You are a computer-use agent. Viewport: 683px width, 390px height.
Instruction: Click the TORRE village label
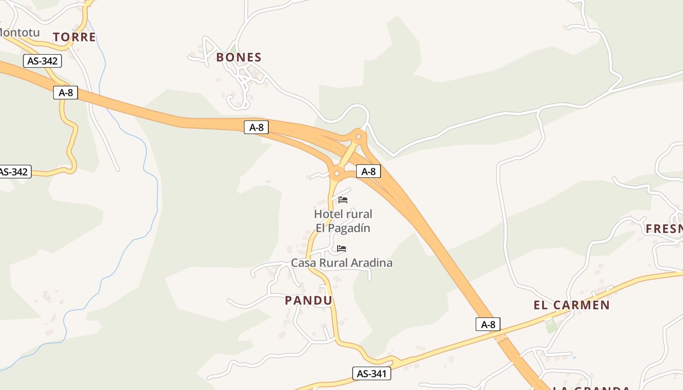[75, 37]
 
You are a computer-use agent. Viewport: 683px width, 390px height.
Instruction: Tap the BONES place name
[239, 57]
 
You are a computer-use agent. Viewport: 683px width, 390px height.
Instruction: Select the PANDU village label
[308, 300]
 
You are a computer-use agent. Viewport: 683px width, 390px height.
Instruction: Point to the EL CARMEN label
[572, 305]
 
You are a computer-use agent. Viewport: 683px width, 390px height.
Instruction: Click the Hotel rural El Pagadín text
[343, 221]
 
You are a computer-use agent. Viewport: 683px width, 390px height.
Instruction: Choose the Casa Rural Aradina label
[341, 263]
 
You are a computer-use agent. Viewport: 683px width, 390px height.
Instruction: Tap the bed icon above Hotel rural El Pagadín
[343, 199]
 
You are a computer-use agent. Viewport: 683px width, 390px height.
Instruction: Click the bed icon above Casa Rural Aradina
[341, 249]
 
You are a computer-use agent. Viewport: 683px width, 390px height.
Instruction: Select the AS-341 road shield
[371, 374]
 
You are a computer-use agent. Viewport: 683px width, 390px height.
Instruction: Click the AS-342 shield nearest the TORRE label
[42, 61]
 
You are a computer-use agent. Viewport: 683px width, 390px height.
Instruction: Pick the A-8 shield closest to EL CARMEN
[488, 324]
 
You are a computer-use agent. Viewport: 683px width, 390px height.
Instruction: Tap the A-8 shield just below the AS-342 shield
[65, 93]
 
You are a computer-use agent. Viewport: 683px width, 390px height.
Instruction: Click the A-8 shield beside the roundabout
[368, 171]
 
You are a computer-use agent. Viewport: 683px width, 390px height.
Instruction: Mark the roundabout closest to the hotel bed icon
[337, 173]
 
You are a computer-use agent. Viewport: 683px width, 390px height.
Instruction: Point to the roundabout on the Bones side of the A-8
[359, 136]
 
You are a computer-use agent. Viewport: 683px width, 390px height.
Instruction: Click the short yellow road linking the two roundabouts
[347, 155]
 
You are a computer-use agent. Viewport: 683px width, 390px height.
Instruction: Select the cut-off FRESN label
[664, 229]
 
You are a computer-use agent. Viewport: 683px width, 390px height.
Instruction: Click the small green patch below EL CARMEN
[551, 326]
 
